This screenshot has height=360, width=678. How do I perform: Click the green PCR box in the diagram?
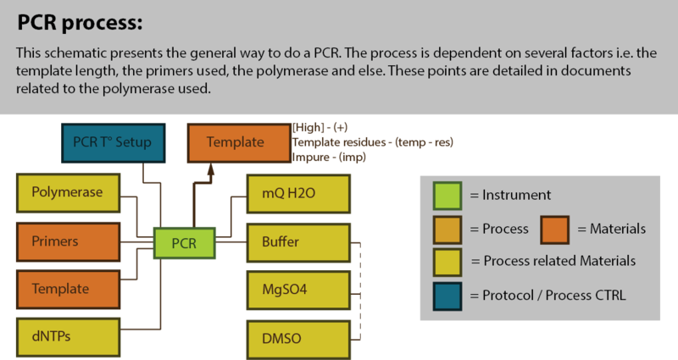click(x=185, y=242)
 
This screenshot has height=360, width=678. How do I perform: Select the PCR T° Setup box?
click(x=113, y=141)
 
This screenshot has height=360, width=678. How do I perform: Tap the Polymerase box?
click(x=67, y=192)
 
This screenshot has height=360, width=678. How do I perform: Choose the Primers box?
click(x=67, y=241)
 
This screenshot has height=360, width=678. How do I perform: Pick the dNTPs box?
click(x=67, y=337)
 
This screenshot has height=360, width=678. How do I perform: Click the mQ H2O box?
click(x=297, y=192)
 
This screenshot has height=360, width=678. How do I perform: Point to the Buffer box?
click(x=297, y=241)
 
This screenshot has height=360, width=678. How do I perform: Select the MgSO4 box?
click(x=297, y=290)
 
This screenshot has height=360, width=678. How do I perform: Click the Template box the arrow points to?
click(x=236, y=141)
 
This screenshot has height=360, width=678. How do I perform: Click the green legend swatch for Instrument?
click(x=447, y=196)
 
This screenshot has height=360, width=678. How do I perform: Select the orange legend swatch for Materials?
click(x=555, y=229)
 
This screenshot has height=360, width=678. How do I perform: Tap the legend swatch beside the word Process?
click(x=447, y=229)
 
